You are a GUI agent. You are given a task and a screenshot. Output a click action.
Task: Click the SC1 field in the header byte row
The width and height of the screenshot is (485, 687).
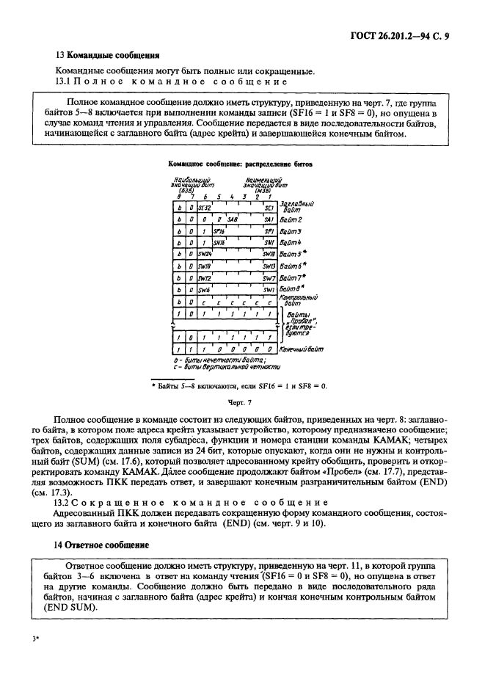click(268, 208)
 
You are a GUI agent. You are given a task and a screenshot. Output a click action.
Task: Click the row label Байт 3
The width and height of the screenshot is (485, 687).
click(291, 231)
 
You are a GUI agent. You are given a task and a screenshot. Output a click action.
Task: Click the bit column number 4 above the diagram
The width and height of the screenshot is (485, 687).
click(232, 197)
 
